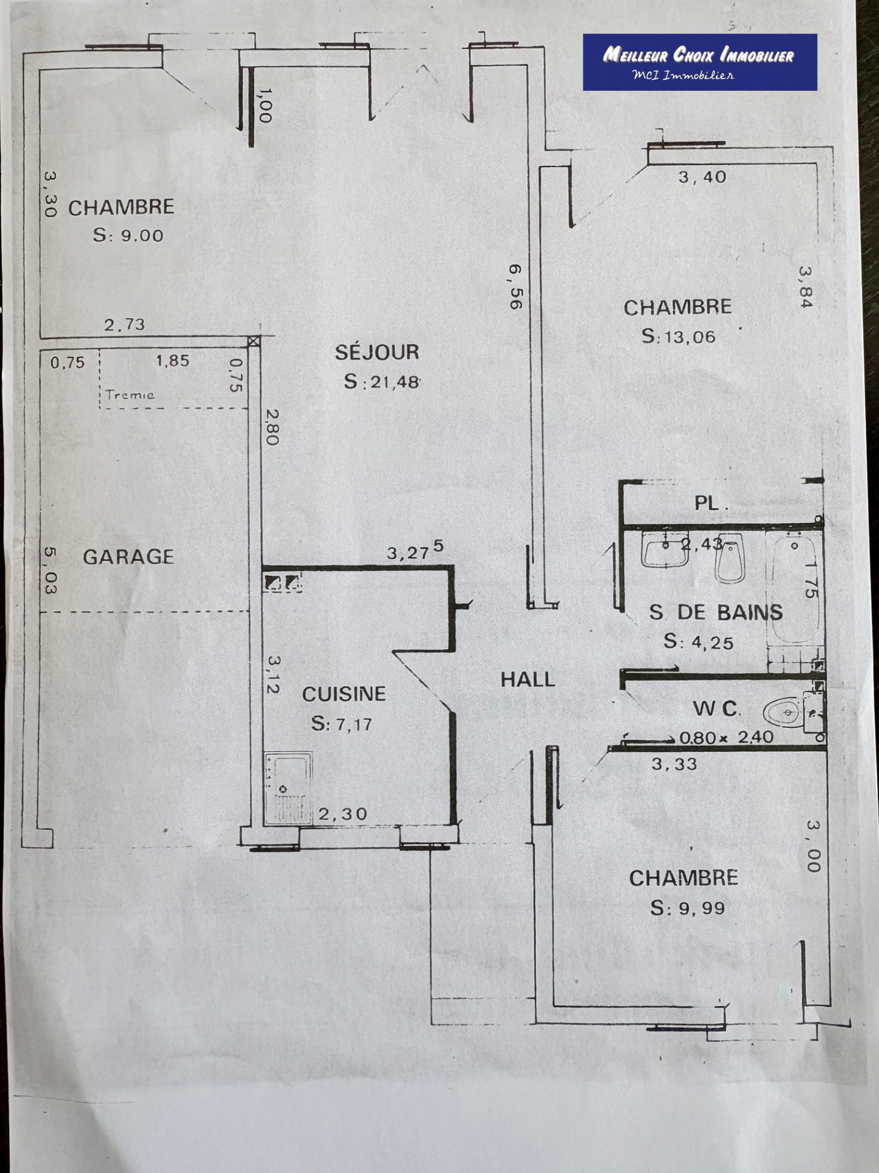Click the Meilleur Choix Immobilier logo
pyautogui.click(x=700, y=62)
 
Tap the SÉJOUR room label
pyautogui.click(x=377, y=352)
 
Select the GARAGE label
pyautogui.click(x=129, y=557)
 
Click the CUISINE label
pyautogui.click(x=344, y=694)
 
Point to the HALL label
pyautogui.click(x=528, y=679)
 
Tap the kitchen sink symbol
pyautogui.click(x=288, y=788)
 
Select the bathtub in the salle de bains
pyautogui.click(x=794, y=588)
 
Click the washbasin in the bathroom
pyautogui.click(x=665, y=549)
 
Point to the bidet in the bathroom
pyautogui.click(x=730, y=560)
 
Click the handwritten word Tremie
pyautogui.click(x=130, y=394)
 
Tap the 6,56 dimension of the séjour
pyautogui.click(x=516, y=287)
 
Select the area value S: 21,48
pyautogui.click(x=382, y=382)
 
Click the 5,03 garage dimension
pyautogui.click(x=50, y=571)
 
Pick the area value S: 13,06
pyautogui.click(x=679, y=336)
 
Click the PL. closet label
pyautogui.click(x=711, y=503)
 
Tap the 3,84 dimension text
pyautogui.click(x=806, y=287)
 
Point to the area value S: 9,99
pyautogui.click(x=688, y=908)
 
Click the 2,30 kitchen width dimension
pyautogui.click(x=343, y=814)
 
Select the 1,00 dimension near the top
pyautogui.click(x=265, y=105)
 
